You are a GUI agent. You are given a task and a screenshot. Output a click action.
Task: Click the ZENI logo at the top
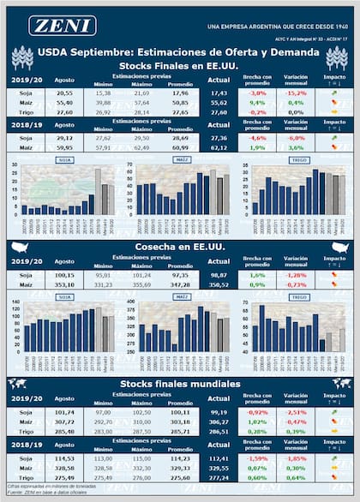[x=62, y=26]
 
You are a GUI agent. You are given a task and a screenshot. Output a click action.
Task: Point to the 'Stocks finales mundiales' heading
[x=179, y=383]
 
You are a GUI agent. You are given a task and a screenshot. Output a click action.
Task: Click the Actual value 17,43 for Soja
[x=219, y=92]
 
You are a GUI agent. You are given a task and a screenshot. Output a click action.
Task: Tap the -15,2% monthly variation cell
[x=296, y=92]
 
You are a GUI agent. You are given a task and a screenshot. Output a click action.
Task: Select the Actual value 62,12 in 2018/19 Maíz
[x=219, y=146]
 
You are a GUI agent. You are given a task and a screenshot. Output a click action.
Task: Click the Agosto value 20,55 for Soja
[x=64, y=92]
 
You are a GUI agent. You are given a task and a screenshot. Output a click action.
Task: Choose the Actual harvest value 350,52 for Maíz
[x=219, y=284]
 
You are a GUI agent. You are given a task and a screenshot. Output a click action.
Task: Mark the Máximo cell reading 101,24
[x=141, y=274]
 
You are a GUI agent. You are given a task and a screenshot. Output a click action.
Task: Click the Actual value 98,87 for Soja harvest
[x=219, y=274]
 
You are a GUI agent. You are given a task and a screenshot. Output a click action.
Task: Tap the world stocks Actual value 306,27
[x=219, y=421]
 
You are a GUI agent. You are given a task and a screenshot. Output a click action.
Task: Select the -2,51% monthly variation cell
[x=296, y=412]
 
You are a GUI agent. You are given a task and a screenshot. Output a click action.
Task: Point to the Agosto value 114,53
[x=64, y=457]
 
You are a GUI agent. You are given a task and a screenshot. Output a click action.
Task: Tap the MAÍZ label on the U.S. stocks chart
[x=182, y=159]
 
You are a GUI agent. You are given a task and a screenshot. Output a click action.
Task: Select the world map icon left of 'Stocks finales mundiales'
[x=16, y=383]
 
